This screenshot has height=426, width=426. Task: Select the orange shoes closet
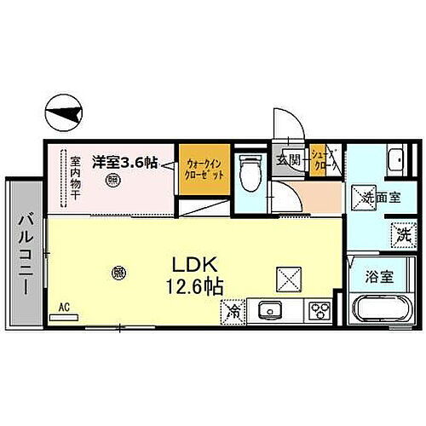pyautogui.click(x=321, y=160)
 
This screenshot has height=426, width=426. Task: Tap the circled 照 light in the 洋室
pyautogui.click(x=112, y=180)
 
